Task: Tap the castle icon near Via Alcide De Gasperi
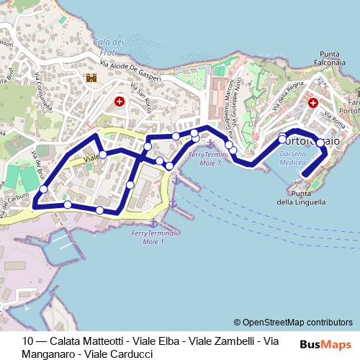click(x=91, y=78)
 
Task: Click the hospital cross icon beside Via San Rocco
click(x=120, y=103)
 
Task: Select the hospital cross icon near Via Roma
click(x=312, y=104)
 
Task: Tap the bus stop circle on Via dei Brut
click(x=43, y=189)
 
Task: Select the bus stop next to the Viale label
click(x=103, y=154)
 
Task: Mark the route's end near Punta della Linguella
click(x=305, y=174)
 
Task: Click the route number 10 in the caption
click(x=28, y=341)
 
